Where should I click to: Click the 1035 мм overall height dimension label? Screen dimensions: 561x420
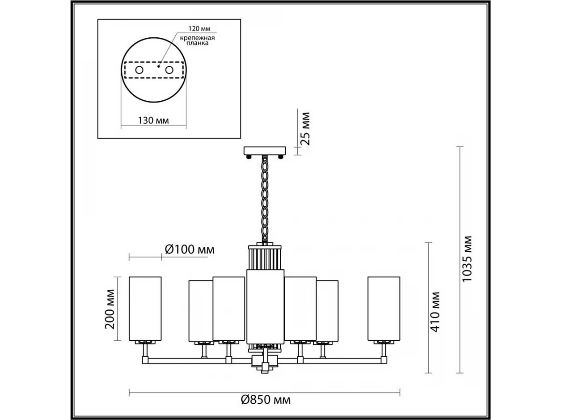pyautogui.click(x=467, y=259)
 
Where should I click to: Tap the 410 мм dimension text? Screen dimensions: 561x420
pyautogui.click(x=435, y=312)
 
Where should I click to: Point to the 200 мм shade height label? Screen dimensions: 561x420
pyautogui.click(x=110, y=309)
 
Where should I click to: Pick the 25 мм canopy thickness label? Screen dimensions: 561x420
pyautogui.click(x=305, y=128)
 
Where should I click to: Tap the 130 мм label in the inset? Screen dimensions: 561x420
pyautogui.click(x=153, y=120)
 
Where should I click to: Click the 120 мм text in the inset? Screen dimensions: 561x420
pyautogui.click(x=199, y=28)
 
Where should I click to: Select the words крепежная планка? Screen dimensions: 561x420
pyautogui.click(x=197, y=41)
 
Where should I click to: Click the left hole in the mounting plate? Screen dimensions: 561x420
pyautogui.click(x=139, y=70)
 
